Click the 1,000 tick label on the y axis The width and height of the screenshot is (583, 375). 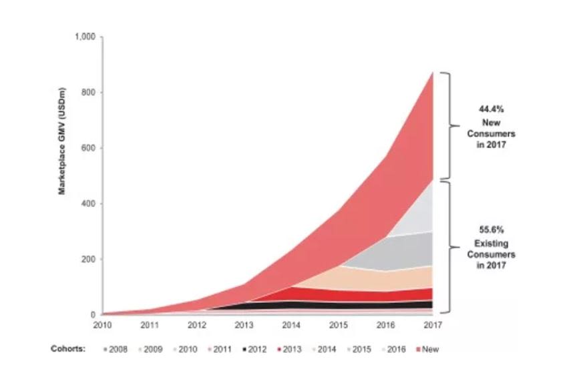pos(86,36)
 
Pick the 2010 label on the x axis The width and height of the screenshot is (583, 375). pos(102,325)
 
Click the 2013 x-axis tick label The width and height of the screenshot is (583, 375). pos(243,325)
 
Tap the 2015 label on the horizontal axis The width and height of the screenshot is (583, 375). pos(338,325)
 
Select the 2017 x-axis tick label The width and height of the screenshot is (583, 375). pos(433,325)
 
